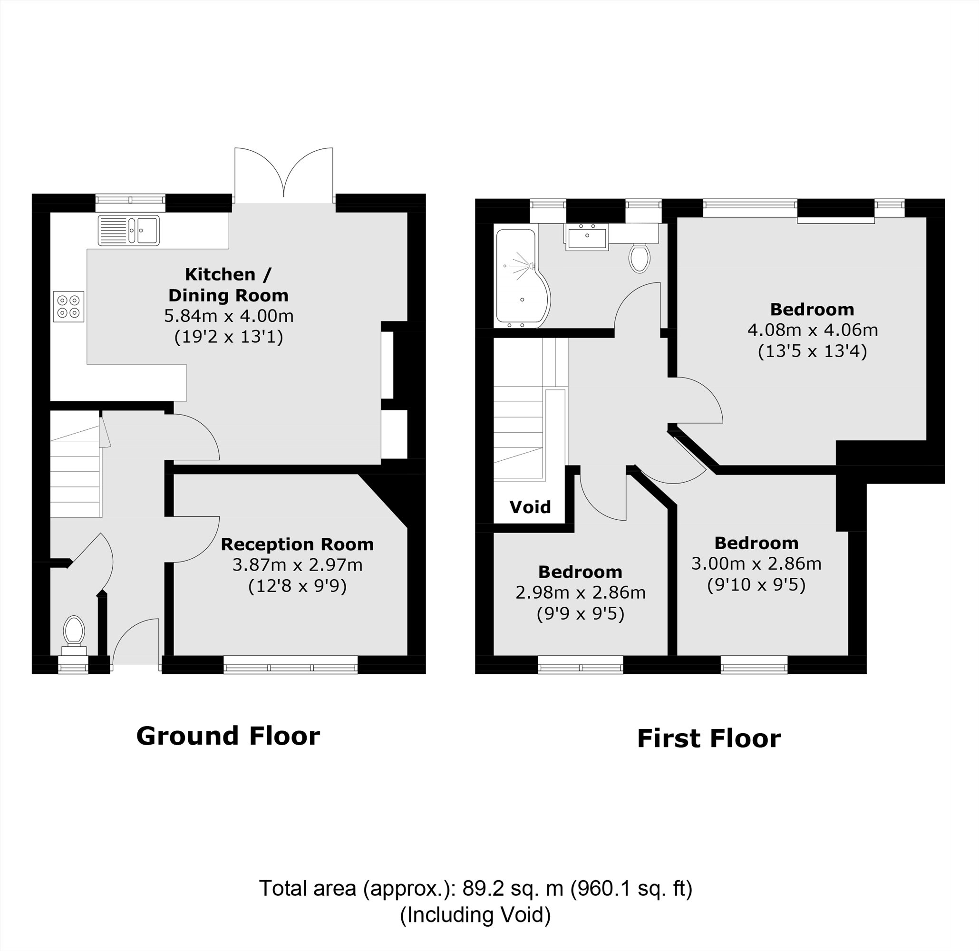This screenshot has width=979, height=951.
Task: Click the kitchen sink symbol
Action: (x=129, y=230)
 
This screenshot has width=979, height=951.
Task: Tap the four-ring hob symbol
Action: (x=68, y=307)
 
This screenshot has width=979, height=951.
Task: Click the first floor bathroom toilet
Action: (x=640, y=258)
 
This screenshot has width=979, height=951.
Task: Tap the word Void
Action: (x=530, y=507)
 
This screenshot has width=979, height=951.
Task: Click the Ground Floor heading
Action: (x=228, y=736)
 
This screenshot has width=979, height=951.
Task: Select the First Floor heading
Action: (x=709, y=738)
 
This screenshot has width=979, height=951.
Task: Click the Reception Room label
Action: (x=297, y=544)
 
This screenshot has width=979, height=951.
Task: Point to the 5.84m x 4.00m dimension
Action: (x=229, y=316)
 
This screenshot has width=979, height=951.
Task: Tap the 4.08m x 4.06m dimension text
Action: (x=812, y=330)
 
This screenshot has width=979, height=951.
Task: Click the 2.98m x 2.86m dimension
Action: (x=581, y=592)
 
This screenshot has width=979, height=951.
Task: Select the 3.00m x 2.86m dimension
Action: (x=756, y=563)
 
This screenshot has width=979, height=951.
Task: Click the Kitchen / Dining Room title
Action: (x=228, y=285)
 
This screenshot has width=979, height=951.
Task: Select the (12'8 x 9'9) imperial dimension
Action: (x=297, y=586)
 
